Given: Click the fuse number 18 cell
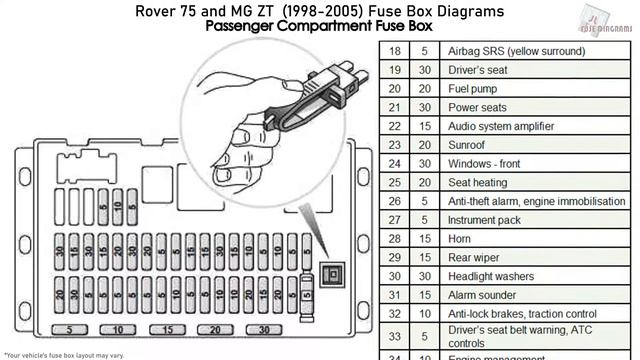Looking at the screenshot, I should point(394,51).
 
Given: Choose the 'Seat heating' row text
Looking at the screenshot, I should point(477,183).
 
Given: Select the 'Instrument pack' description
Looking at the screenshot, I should point(484,220).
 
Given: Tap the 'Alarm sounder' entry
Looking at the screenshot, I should point(482,295).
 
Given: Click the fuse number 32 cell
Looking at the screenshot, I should point(394,314).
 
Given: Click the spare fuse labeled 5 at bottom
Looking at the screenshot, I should point(69,329).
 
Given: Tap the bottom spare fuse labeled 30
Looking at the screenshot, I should point(264,329).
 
